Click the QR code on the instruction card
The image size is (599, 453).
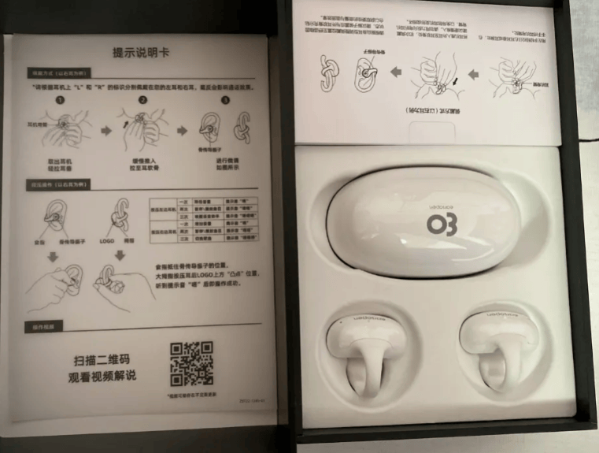point(192,364)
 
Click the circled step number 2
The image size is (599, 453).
point(143,100)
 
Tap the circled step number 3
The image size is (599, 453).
point(225,100)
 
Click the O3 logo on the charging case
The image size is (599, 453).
point(439,225)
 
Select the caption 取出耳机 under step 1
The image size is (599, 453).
point(61,160)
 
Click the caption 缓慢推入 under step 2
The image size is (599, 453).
point(144,160)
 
